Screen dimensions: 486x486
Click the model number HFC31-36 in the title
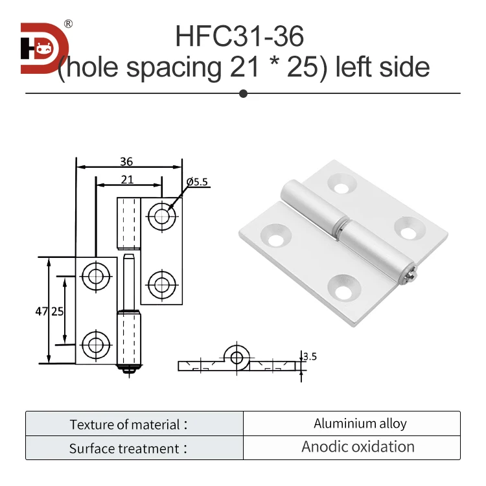[239, 36]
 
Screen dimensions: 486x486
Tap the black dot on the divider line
[244, 93]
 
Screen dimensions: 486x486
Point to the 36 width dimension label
[126, 163]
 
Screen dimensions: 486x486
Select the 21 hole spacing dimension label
[128, 180]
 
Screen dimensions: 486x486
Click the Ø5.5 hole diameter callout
[196, 183]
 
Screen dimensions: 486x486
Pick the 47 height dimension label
[40, 311]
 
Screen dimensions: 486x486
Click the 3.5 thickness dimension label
[310, 356]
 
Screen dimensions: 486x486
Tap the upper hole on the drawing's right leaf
[161, 216]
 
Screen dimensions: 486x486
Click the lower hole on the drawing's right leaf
[161, 283]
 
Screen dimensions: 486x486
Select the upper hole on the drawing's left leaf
[95, 276]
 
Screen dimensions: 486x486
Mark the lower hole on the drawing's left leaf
[95, 343]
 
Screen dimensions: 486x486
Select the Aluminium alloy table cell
[360, 424]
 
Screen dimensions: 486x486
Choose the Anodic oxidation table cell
[358, 447]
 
